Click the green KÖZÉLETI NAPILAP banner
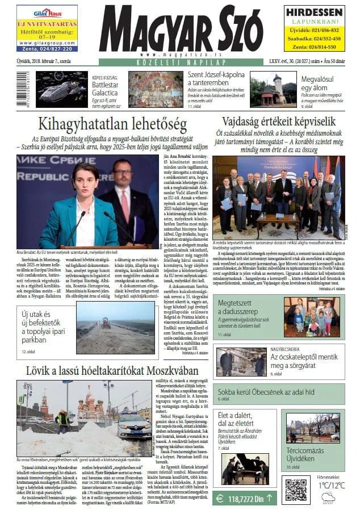180,61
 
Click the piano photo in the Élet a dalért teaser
245,469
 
